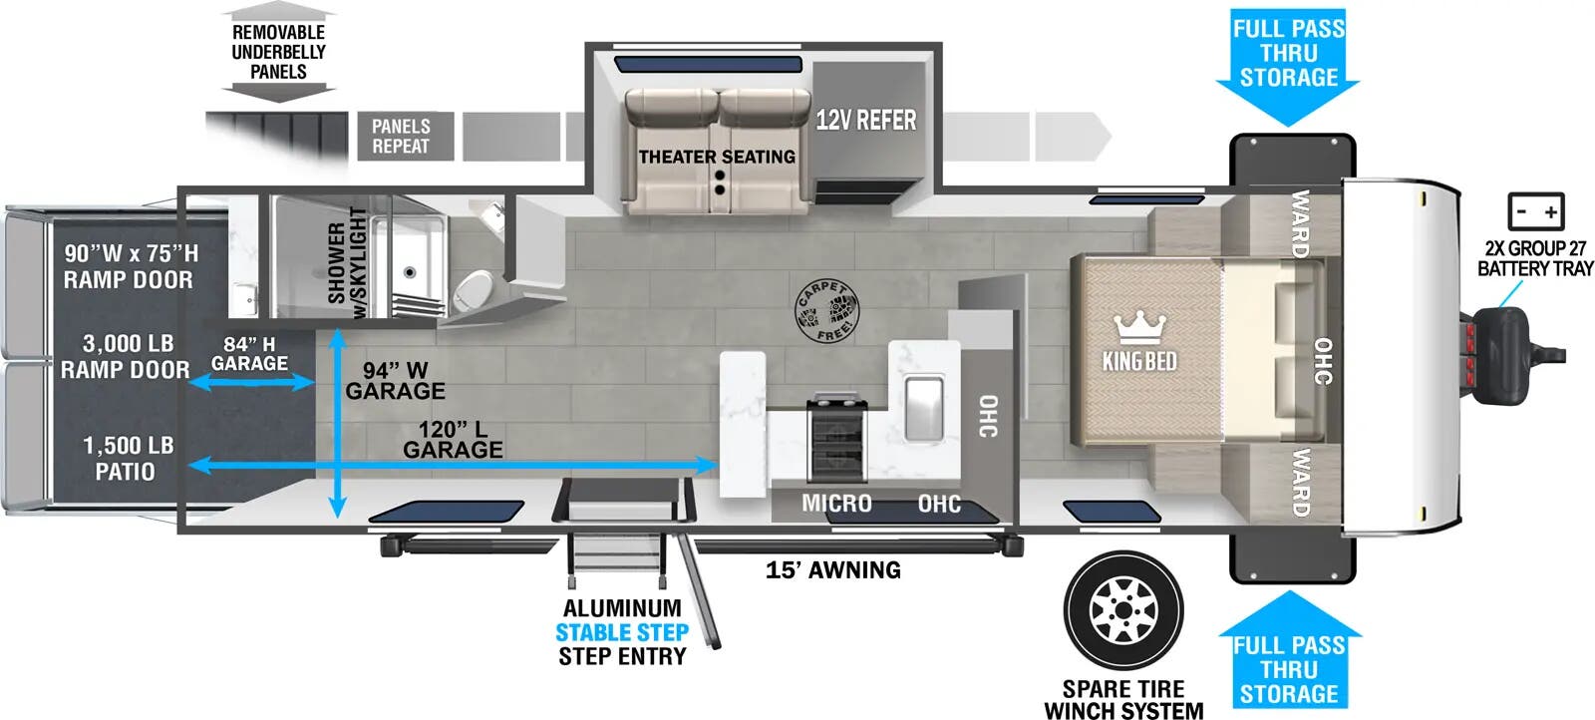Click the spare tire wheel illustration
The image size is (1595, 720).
[1123, 610]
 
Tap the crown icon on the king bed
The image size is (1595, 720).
[1139, 326]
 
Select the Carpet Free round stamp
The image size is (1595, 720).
[826, 310]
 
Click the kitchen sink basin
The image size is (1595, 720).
[924, 407]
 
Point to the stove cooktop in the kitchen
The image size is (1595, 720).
[836, 440]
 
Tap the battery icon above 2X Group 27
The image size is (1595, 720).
[1536, 211]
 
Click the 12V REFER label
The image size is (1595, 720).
[865, 121]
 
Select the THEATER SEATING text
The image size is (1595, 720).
[717, 157]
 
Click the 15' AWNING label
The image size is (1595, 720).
[833, 569]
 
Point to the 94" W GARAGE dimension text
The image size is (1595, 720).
[395, 381]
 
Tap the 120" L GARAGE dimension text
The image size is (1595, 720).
[453, 440]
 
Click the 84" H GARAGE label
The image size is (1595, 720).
[249, 354]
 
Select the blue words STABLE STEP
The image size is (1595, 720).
[622, 632]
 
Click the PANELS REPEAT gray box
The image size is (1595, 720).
[402, 136]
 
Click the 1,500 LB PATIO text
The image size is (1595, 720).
[127, 458]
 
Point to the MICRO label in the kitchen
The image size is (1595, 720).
[836, 504]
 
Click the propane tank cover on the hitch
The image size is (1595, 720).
[1501, 356]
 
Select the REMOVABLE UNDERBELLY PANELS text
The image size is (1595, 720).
[278, 52]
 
